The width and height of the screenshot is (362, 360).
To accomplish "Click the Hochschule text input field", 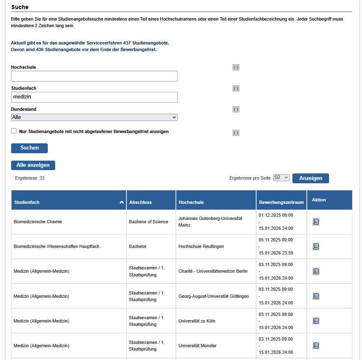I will coord(94,76).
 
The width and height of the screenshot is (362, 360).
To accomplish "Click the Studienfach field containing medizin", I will coord(94,97).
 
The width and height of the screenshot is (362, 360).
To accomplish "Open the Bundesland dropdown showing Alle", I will coord(94,117).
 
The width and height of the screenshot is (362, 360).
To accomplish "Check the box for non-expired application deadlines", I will coord(14,131).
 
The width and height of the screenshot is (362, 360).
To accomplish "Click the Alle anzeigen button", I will coord(33,165).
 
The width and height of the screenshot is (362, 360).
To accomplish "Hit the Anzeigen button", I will coord(311,178).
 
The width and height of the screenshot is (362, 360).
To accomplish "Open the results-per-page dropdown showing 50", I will coord(281,178).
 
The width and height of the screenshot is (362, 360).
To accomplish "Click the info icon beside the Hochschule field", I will coord(236,68).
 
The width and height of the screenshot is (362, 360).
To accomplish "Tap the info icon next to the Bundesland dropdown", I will coord(236,110).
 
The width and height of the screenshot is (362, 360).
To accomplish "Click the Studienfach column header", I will coord(27,202).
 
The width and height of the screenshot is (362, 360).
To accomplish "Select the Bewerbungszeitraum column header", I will coord(281,202).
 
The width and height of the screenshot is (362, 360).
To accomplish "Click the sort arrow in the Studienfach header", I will coord(121,202).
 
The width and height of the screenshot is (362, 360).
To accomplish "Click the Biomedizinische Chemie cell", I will coord(37,222).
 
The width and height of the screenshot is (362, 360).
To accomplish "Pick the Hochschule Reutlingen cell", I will coord(201,246).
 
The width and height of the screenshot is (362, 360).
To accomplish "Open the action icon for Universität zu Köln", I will coord(316,321).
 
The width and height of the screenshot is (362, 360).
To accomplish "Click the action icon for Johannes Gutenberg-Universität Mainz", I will coord(316,222).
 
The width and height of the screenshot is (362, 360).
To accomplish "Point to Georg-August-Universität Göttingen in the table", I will coord(213,296).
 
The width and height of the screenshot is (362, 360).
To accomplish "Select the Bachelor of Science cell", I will coord(148,222).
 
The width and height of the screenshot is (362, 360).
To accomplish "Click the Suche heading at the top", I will coord(20,7).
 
